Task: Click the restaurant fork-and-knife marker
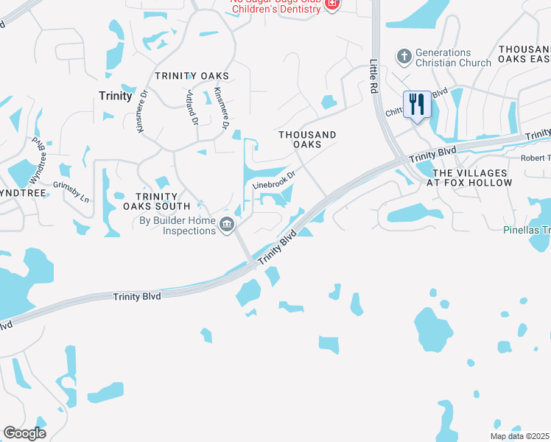coord(417,105)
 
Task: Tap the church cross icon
coord(404,56)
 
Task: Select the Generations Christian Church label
coord(453,57)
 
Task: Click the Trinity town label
coord(116,96)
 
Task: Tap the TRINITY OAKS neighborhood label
coord(192,76)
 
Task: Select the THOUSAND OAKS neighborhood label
coord(307,139)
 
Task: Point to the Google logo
coord(24,433)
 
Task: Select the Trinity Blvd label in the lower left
coord(137,296)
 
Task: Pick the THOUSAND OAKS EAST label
coord(524,53)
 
